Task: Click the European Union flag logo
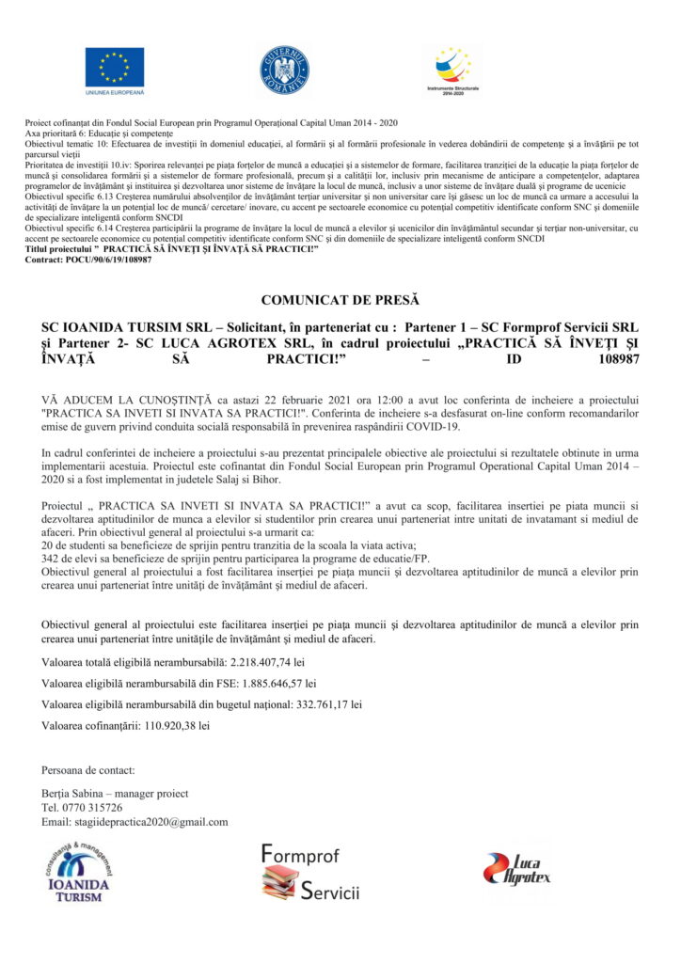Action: pos(115,68)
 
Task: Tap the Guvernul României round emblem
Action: pos(284,71)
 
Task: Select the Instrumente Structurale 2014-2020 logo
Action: pos(453,69)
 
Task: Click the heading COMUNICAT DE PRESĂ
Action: pos(340,301)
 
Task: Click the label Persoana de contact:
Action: pos(88,770)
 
